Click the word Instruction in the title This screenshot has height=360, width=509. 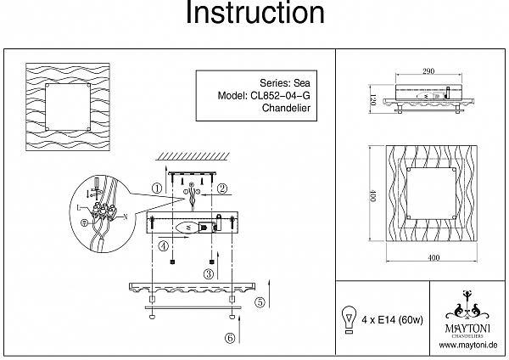(x=255, y=14)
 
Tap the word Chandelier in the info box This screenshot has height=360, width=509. (x=290, y=109)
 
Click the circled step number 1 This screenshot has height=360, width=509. (x=157, y=188)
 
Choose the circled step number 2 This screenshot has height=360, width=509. (x=221, y=188)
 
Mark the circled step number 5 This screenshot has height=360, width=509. (x=260, y=301)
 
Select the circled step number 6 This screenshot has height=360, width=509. (x=229, y=337)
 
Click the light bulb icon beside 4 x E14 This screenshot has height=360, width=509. (x=347, y=319)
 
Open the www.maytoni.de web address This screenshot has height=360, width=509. (x=467, y=345)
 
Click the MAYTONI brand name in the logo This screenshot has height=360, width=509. (x=467, y=323)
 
